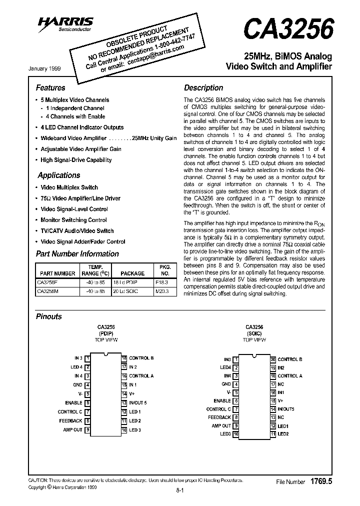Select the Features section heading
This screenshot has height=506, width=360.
50,87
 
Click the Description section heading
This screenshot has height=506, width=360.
203,87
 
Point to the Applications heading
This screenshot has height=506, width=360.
59,175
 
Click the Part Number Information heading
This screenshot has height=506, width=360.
77,253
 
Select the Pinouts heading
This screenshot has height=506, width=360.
49,316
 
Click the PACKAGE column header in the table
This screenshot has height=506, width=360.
132,273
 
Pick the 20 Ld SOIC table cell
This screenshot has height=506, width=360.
132,290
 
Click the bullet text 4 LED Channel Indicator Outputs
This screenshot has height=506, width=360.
82,127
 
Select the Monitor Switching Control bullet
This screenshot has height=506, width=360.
73,220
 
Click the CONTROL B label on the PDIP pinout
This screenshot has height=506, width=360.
141,358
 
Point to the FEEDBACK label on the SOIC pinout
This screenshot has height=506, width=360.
219,417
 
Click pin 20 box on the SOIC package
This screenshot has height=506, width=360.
273,359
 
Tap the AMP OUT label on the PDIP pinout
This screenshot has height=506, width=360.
72,429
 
